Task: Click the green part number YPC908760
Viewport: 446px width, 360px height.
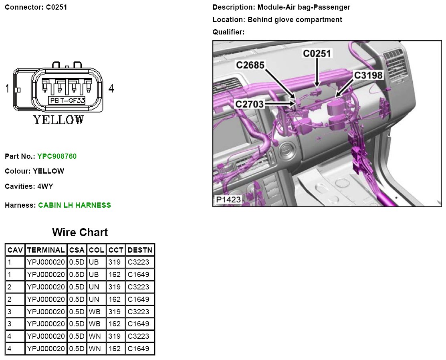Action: tap(57, 156)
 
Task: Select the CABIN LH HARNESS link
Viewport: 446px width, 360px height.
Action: tap(75, 205)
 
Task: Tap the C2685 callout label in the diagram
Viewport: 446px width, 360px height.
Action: tap(250, 65)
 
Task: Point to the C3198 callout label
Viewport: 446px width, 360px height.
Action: tap(368, 75)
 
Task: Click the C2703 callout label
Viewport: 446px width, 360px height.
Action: tap(250, 104)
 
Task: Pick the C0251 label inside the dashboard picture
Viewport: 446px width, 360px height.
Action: tap(317, 53)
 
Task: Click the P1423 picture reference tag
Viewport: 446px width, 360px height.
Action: tap(228, 200)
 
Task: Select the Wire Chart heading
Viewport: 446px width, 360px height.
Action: tap(80, 232)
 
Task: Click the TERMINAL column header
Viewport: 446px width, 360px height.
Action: tap(46, 250)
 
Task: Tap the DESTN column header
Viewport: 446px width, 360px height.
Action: tap(140, 250)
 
